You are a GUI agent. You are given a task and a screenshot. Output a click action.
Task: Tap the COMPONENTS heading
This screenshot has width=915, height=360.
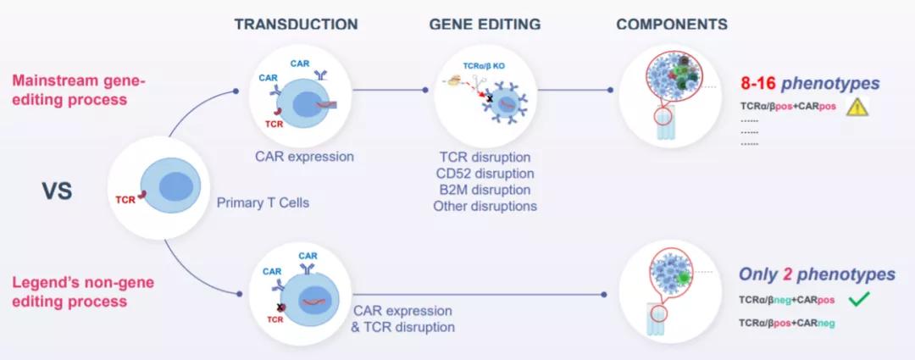(x=672, y=24)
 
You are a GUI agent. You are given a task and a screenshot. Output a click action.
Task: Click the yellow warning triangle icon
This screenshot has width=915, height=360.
(x=859, y=107)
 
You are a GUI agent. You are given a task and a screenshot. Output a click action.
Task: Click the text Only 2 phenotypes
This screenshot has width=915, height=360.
(x=817, y=275)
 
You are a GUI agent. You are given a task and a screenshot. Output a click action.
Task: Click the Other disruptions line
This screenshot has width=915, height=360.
(x=485, y=205)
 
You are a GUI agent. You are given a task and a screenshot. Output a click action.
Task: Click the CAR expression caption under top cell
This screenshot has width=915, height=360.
(x=304, y=156)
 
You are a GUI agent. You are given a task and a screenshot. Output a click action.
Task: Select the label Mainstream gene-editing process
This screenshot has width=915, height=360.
(x=79, y=90)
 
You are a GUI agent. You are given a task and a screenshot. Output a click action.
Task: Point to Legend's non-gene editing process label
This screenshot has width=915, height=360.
(x=82, y=291)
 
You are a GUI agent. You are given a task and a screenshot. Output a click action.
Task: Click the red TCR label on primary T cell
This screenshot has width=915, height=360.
(x=125, y=201)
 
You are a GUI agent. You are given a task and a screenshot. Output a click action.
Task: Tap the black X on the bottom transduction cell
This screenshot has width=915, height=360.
(x=280, y=307)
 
